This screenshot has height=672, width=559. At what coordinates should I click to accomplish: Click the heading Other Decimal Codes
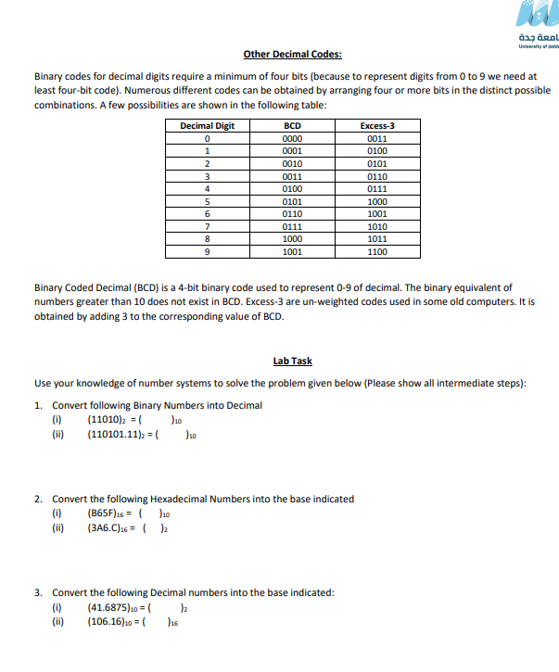[x=292, y=54]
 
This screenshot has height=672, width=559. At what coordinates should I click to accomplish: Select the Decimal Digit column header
[x=207, y=126]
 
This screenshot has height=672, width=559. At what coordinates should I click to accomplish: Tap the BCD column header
[x=291, y=126]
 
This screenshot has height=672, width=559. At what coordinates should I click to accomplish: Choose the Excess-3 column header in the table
[x=377, y=126]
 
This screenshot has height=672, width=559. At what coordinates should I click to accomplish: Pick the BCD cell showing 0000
[x=291, y=139]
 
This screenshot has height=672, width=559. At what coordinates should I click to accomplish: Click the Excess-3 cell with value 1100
[x=377, y=251]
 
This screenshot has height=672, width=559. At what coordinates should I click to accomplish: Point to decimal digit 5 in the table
[x=207, y=201]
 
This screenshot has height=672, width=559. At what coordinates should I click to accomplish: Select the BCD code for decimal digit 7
[x=291, y=226]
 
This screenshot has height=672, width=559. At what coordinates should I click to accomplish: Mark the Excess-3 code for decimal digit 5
[x=377, y=201]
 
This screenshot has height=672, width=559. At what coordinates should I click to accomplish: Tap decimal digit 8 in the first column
[x=207, y=239]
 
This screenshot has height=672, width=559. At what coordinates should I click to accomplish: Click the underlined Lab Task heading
[x=292, y=361]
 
